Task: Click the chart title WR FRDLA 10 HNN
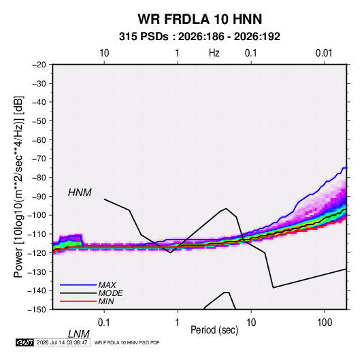pos(200,19)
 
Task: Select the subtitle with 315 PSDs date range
pos(199,37)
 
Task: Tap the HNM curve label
pos(80,193)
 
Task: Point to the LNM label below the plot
pos(79,334)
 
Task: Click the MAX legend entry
pos(107,285)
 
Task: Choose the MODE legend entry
pos(110,293)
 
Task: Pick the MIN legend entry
pos(106,301)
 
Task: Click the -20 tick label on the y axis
pos(39,65)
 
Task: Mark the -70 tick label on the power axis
pos(39,159)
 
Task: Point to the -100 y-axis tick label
pos(37,215)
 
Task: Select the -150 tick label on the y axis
pos(37,310)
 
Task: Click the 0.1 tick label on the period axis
pos(103,323)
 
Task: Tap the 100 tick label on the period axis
pos(325,323)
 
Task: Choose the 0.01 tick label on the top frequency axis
pos(324,53)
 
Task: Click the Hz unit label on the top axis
pos(214,53)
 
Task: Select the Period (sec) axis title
pos(214,330)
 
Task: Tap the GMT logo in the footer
pos(25,342)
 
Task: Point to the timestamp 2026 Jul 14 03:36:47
pos(62,342)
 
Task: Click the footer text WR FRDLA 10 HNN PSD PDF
pos(127,342)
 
